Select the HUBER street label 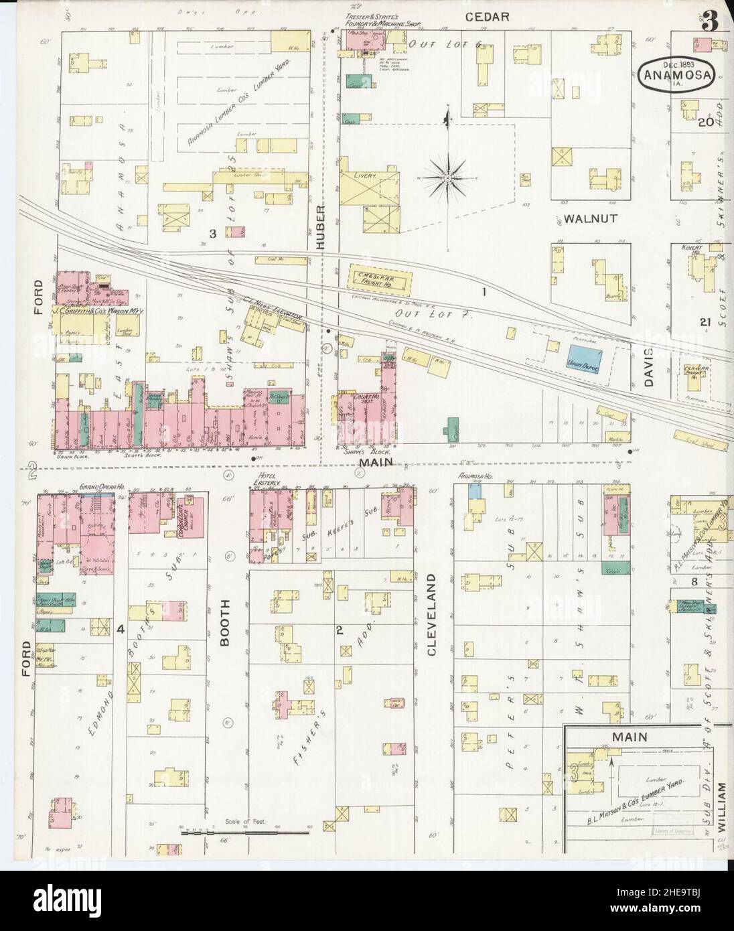click(320, 228)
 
